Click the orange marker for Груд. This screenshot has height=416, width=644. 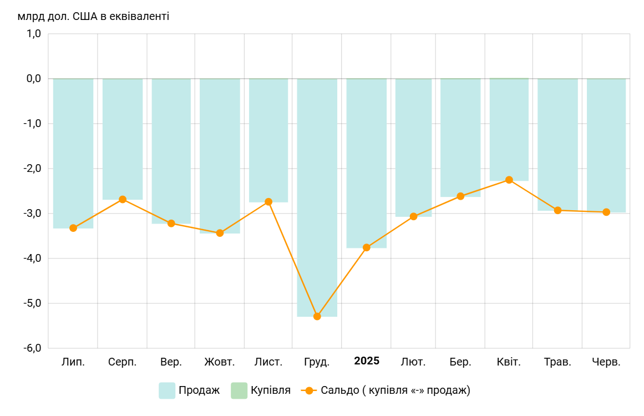point(317,316)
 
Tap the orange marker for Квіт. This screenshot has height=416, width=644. point(509,180)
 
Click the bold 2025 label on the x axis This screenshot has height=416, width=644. point(367,361)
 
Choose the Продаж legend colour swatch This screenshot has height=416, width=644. point(167,390)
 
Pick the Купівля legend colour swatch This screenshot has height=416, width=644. point(239,390)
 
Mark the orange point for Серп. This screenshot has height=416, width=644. point(123,199)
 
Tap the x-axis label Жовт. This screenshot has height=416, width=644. point(220,362)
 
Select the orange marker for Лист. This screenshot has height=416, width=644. point(268,202)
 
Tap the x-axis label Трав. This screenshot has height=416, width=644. point(557,362)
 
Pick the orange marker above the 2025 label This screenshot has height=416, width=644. point(367,247)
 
